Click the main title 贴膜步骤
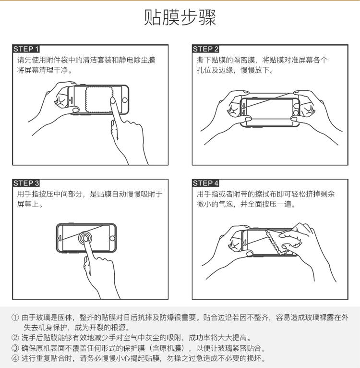180,18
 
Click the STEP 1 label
26,49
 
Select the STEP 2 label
205,49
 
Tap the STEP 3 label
26,183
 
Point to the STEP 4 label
205,183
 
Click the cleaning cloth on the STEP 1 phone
99,99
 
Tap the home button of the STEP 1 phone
125,100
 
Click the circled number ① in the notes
16,318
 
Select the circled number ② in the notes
16,338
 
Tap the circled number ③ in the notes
16,348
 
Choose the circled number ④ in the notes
16,358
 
